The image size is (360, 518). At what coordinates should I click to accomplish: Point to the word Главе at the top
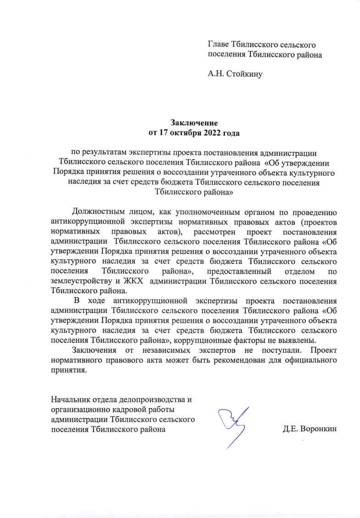pyautogui.click(x=219, y=45)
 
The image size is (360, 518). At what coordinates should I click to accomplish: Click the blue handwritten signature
pyautogui.click(x=234, y=424)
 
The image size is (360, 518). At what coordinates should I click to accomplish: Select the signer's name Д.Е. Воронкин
pyautogui.click(x=310, y=429)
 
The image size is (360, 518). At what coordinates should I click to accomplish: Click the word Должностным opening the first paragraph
pyautogui.click(x=97, y=212)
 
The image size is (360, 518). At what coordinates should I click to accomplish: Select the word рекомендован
pyautogui.click(x=233, y=360)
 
